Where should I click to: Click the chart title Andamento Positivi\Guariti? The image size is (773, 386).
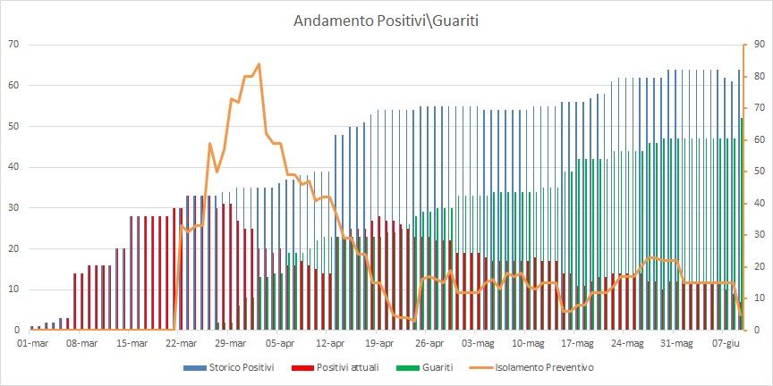point(386,20)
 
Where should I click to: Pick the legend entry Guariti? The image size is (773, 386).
point(448,367)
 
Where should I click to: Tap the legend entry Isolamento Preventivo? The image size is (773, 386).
point(548,367)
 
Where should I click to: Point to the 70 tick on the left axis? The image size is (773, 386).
point(13,44)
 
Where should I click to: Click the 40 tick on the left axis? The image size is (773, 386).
point(13,167)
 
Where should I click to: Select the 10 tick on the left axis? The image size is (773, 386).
point(13,289)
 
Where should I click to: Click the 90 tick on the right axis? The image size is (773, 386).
point(757,44)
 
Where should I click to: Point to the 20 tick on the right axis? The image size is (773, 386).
point(757,266)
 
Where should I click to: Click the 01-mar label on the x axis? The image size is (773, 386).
point(32,343)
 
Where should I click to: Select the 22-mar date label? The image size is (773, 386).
point(182,343)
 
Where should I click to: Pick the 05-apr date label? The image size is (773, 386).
point(281,343)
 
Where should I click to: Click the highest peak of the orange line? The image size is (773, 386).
point(259,64)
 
